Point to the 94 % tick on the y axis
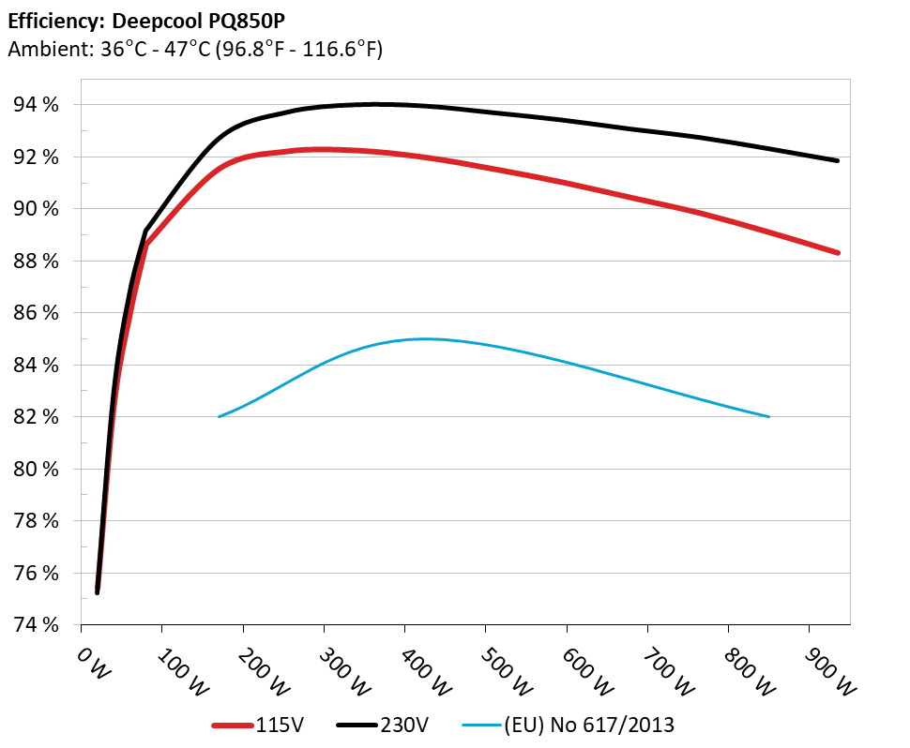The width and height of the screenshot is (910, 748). pos(35,105)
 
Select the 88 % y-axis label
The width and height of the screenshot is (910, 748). pos(35,261)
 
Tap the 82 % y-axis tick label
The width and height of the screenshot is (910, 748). pos(35,416)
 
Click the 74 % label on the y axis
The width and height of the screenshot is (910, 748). pos(35,624)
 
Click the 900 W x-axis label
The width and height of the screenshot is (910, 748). pos(814,669)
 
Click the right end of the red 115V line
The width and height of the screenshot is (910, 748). pos(837,252)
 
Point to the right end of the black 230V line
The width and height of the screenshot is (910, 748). pos(837,161)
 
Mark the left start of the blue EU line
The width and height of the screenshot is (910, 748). pos(219,416)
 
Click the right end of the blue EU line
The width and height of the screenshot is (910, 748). pos(769,416)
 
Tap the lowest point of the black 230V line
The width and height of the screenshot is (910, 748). pos(97,592)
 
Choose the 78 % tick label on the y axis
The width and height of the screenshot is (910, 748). pos(35,520)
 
